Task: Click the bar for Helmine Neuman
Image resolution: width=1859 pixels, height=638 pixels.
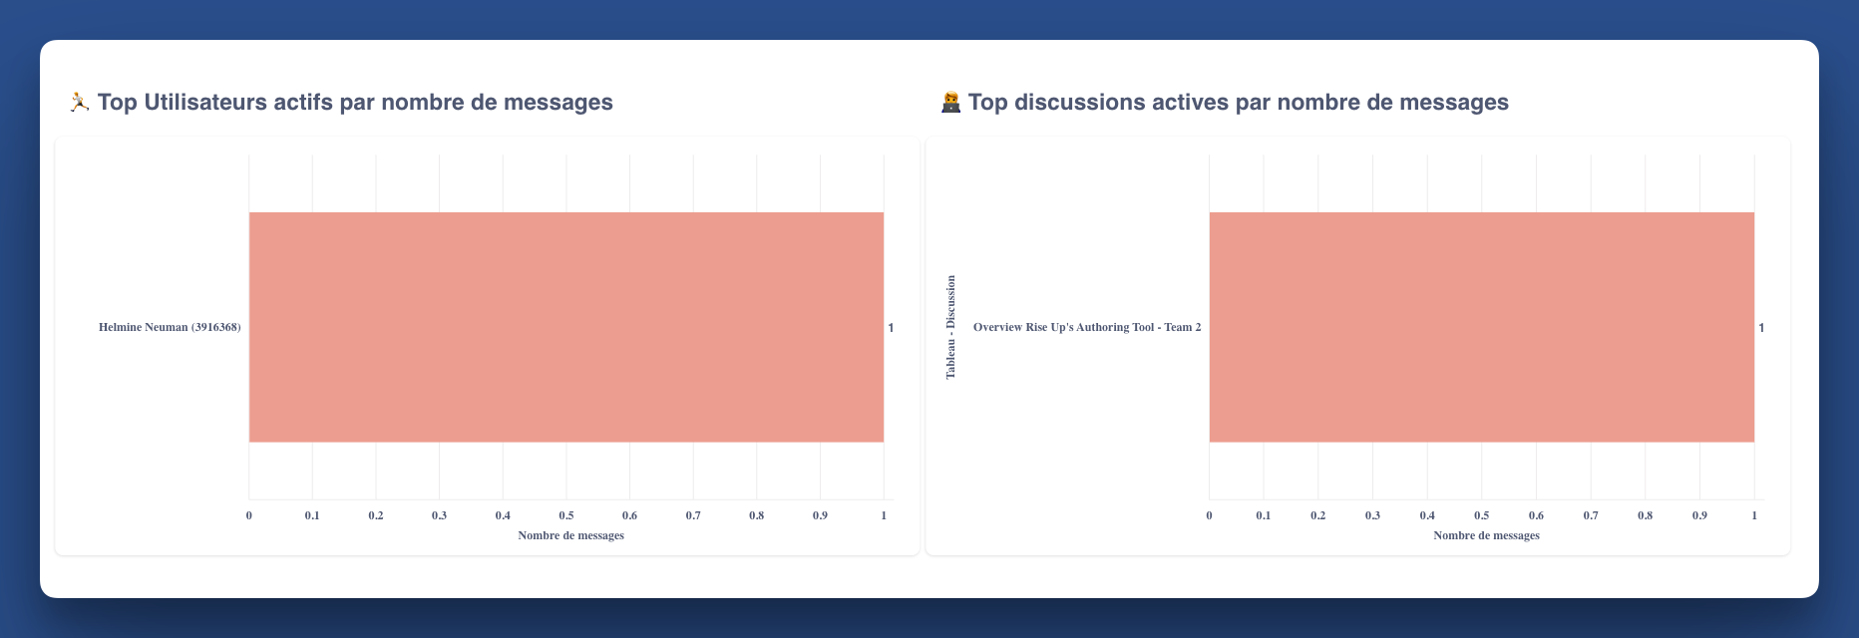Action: [565, 327]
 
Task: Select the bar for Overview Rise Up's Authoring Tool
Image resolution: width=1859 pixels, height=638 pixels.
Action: [1481, 327]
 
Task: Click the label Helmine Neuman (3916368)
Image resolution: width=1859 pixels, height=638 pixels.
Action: [170, 327]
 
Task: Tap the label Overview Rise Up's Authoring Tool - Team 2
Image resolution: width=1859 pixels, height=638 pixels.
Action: [1086, 327]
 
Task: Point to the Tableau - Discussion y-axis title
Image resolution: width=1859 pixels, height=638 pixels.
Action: [950, 327]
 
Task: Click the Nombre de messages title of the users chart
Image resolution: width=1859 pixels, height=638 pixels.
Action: [570, 535]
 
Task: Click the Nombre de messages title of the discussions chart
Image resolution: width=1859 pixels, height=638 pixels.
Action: [1486, 535]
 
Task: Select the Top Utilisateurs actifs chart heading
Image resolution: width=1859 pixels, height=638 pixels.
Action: [355, 102]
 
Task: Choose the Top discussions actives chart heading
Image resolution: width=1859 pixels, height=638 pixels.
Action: [1237, 102]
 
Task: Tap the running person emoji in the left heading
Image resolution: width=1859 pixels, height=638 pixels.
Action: [79, 102]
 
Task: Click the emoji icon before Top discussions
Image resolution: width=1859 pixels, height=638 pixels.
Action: [950, 102]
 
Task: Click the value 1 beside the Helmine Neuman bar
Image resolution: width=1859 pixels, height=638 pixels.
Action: [891, 327]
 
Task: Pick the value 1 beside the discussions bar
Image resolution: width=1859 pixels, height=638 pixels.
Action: [1761, 327]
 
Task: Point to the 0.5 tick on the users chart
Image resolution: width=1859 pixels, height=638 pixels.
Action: [566, 515]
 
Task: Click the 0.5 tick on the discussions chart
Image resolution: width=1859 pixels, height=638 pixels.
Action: [1481, 515]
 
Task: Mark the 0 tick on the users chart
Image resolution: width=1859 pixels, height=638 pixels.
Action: [249, 515]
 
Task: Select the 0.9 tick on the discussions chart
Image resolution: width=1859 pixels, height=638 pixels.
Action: [1699, 515]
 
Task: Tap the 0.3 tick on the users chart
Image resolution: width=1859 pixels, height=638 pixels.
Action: [439, 515]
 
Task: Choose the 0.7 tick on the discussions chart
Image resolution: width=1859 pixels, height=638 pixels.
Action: [1591, 515]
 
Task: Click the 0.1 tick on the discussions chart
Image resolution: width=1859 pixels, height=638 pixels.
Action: [1264, 515]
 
